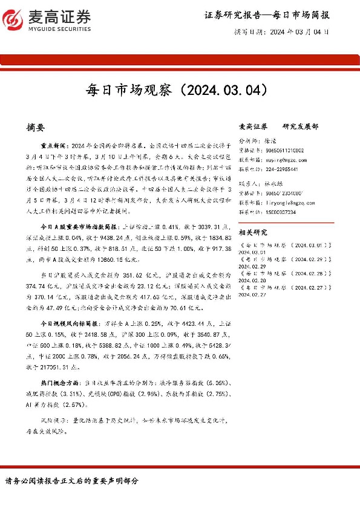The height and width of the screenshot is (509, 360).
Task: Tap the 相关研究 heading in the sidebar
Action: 254,232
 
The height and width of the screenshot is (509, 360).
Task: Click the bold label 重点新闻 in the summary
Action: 54,146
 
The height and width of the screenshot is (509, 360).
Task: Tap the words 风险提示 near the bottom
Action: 54,419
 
